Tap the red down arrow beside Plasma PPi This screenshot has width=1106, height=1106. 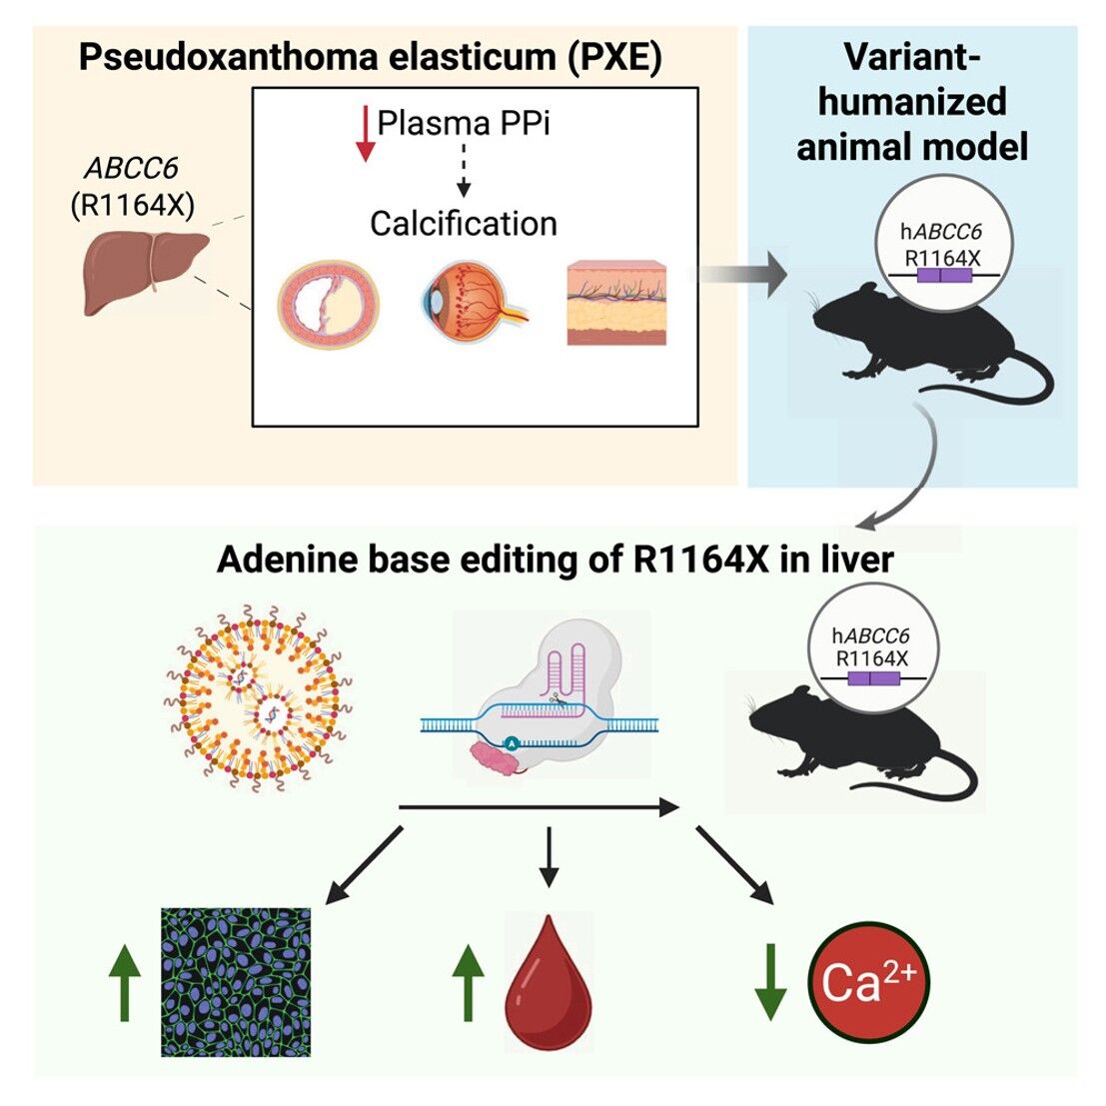pyautogui.click(x=365, y=137)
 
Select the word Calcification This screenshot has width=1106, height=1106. pyautogui.click(x=463, y=223)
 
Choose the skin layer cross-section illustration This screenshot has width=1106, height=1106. pyautogui.click(x=616, y=303)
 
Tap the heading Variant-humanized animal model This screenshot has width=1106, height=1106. pyautogui.click(x=911, y=102)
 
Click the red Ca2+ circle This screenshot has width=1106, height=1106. pyautogui.click(x=867, y=981)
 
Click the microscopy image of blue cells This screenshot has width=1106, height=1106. pyautogui.click(x=236, y=981)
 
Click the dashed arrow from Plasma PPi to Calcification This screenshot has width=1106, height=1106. pyautogui.click(x=462, y=169)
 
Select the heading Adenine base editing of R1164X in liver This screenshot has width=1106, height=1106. pyautogui.click(x=554, y=559)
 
